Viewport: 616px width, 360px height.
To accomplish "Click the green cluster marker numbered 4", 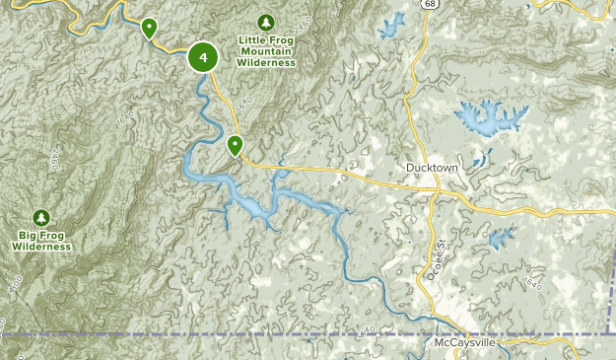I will pos(203,57).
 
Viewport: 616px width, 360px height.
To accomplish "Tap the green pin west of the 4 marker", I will pos(149,27).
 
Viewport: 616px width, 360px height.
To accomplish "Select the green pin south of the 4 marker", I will pos(235,146).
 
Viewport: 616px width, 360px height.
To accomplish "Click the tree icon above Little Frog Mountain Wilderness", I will pos(265,22).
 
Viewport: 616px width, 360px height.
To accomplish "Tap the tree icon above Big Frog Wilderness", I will pos(41,217).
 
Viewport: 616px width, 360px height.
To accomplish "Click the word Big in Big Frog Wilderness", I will pos(28,236).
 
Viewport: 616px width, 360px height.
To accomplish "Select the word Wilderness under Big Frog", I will pos(41,247).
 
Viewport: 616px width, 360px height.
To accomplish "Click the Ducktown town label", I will pos(433,169).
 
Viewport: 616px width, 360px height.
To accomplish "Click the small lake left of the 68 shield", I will pos(393,24).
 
